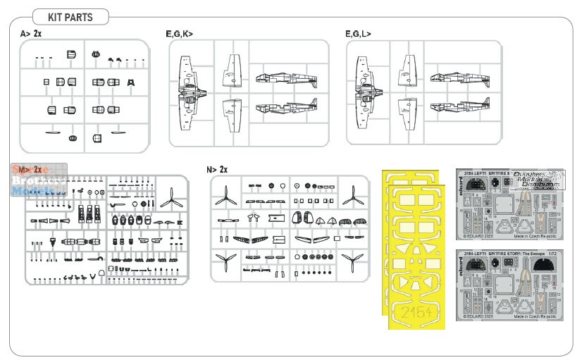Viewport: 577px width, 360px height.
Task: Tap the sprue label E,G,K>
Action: tap(179, 33)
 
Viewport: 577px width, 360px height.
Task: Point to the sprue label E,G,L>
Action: tap(359, 33)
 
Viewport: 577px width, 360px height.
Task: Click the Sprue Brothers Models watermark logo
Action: tap(39, 179)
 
